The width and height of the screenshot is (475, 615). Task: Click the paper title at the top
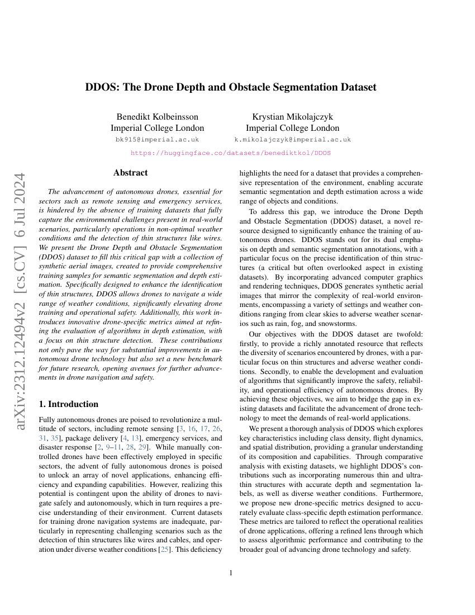pyautogui.click(x=231, y=87)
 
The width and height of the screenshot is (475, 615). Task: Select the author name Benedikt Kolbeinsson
pyautogui.click(x=157, y=117)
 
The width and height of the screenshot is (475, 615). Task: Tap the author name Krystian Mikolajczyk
pyautogui.click(x=293, y=117)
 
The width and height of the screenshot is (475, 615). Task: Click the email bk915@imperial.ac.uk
pyautogui.click(x=157, y=139)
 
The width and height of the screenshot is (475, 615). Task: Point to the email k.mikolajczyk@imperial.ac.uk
pyautogui.click(x=293, y=139)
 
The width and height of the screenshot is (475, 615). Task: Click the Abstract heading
pyautogui.click(x=130, y=173)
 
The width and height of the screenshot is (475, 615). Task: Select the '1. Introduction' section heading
pyautogui.click(x=68, y=404)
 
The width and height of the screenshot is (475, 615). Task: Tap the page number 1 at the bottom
pyautogui.click(x=231, y=573)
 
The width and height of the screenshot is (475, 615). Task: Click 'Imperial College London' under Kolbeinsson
pyautogui.click(x=157, y=128)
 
